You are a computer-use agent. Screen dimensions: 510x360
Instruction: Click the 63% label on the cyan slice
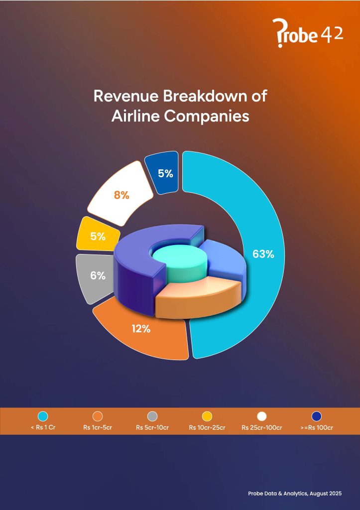[x=263, y=254]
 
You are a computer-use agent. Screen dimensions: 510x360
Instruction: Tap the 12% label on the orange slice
[x=141, y=329]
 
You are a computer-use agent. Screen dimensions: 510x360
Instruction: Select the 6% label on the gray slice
[x=98, y=275]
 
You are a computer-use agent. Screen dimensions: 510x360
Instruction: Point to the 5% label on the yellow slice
[x=98, y=237]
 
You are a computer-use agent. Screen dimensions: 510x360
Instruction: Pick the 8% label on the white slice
[x=121, y=195]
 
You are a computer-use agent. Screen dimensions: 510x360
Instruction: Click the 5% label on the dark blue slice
[x=165, y=173]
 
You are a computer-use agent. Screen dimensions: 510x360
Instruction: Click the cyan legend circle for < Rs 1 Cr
[x=43, y=416]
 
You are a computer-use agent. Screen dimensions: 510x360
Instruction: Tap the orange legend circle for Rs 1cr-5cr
[x=98, y=416]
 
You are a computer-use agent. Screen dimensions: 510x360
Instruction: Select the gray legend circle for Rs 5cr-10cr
[x=152, y=416]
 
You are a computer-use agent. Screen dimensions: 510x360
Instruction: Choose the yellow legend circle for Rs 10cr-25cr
[x=207, y=416]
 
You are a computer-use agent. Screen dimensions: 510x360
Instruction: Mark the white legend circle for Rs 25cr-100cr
[x=262, y=416]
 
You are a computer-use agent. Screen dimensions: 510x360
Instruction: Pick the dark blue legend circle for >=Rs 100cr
[x=317, y=416]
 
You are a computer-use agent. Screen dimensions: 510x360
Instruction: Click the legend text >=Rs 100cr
[x=317, y=428]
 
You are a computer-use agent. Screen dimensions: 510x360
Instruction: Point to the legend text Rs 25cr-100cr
[x=262, y=428]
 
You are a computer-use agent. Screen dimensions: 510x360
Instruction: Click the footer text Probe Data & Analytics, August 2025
[x=295, y=494]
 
